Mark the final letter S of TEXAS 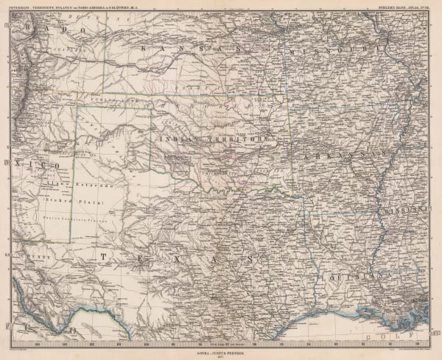pos(250,260)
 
